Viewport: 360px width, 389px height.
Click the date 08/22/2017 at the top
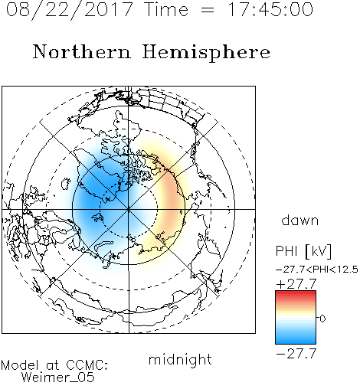coord(70,10)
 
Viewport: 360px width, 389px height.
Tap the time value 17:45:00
coord(270,9)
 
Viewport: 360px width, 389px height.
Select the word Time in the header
coord(166,9)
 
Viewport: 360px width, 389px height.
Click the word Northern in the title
coord(82,52)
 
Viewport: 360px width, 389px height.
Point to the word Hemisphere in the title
coord(206,53)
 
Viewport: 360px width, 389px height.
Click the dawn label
coord(300,221)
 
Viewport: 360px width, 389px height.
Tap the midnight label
coord(180,359)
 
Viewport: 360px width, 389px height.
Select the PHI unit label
coord(303,251)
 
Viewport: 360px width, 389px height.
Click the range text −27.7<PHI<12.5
coord(317,270)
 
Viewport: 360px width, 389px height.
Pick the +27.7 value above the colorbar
coord(296,284)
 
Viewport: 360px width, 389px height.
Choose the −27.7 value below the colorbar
coord(296,354)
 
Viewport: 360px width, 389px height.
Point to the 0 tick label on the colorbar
coord(322,319)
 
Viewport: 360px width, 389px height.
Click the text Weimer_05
coord(58,378)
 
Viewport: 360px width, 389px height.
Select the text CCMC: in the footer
coord(87,365)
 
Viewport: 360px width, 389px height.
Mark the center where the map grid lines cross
coord(129,209)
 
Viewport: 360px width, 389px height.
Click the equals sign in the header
coord(208,10)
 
